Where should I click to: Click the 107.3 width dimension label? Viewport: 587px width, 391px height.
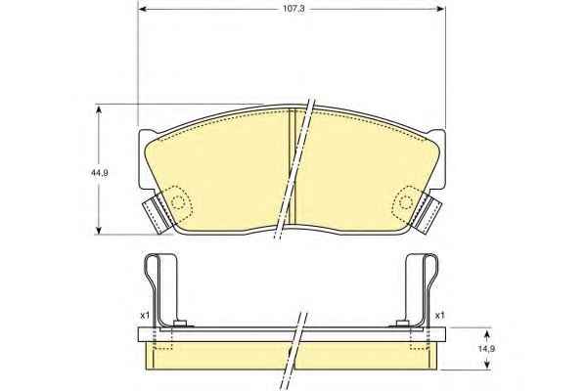coord(293,9)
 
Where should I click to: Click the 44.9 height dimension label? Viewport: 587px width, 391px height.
coord(99,173)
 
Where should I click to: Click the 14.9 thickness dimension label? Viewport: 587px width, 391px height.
coord(486,349)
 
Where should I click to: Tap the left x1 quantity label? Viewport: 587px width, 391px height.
coord(145,316)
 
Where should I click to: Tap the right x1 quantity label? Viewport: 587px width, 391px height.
coord(440,316)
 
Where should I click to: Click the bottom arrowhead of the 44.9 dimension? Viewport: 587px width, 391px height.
coord(99,229)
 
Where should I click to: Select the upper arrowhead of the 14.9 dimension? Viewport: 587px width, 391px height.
coord(486,333)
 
